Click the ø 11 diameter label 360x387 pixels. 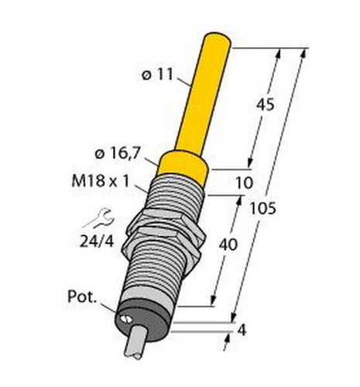157,75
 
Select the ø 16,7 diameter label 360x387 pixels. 118,154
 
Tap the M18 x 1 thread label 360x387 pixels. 100,181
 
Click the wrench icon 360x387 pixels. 98,218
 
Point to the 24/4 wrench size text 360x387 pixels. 97,241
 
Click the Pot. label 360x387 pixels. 82,296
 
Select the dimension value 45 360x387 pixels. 265,104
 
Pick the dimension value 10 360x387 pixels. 245,183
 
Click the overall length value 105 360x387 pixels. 263,208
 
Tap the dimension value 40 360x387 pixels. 228,245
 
